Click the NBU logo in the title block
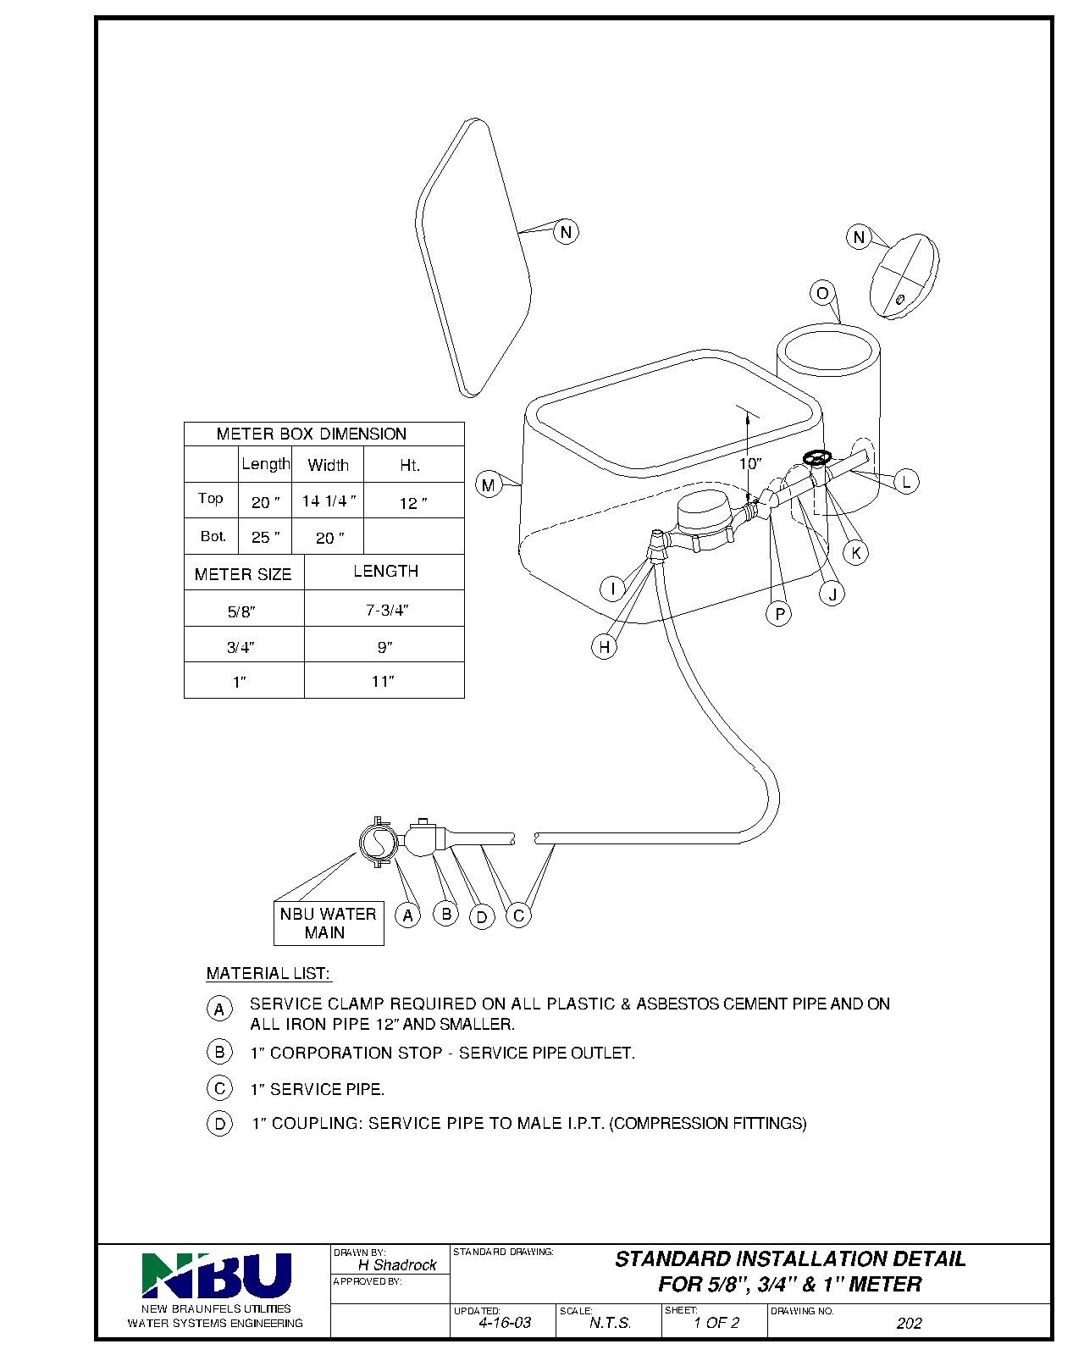[216, 1275]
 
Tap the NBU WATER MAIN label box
[328, 923]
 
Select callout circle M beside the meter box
[488, 484]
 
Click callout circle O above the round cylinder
[822, 293]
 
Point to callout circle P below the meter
[779, 613]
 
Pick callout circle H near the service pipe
[604, 646]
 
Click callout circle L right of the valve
[906, 482]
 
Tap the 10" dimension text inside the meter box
[749, 464]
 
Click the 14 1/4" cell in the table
[328, 501]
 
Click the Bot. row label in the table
[213, 536]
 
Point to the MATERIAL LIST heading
[268, 973]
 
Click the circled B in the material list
[219, 1052]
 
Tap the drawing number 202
[909, 1323]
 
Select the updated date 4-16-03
[505, 1322]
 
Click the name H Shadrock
[397, 1265]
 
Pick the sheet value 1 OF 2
[716, 1322]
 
